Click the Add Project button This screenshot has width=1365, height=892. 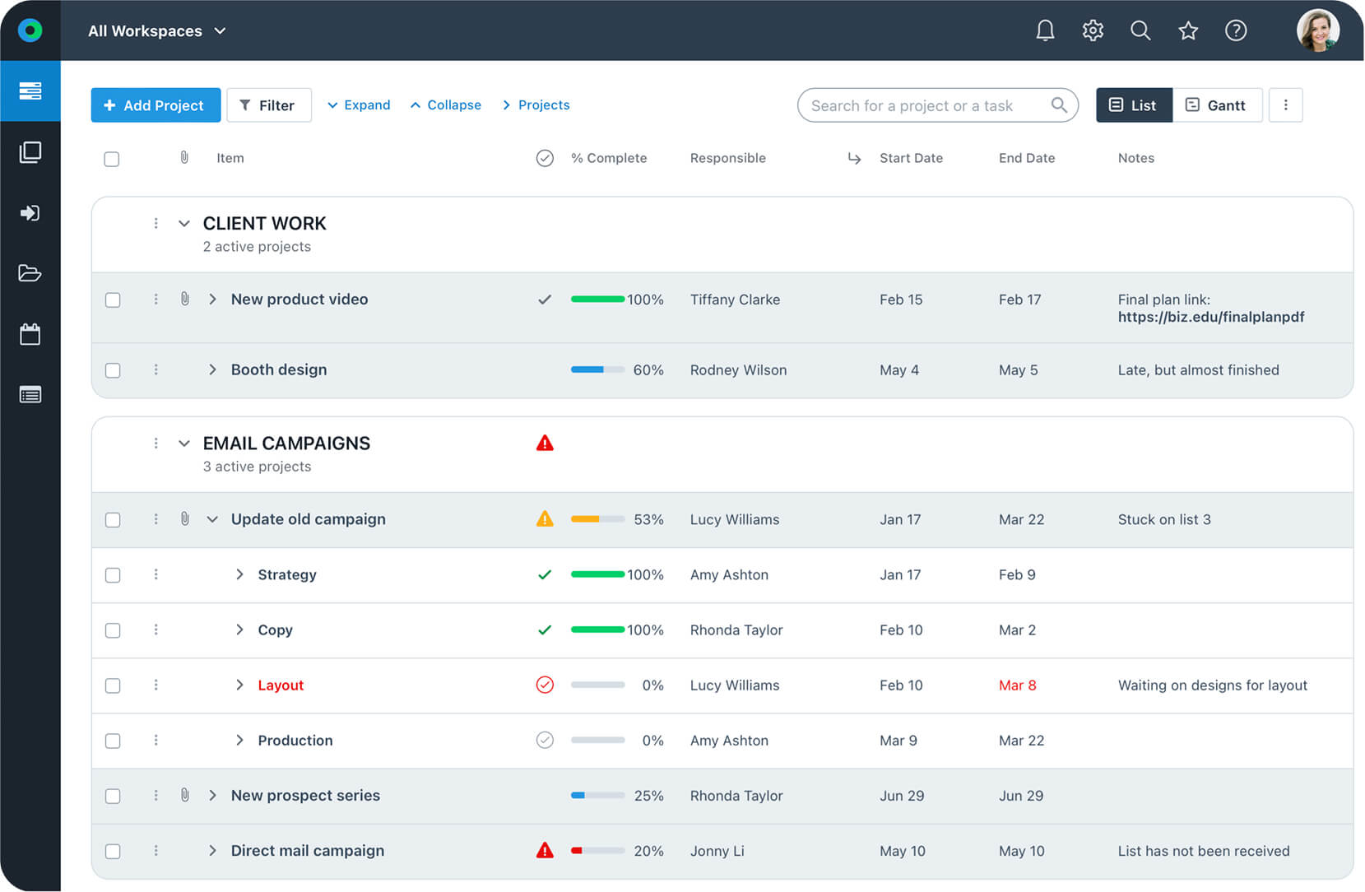(156, 105)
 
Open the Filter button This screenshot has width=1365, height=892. (268, 105)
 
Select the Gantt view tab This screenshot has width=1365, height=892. (1216, 105)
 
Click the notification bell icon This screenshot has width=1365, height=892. (1045, 31)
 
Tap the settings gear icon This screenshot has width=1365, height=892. (1093, 31)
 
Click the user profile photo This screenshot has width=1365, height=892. (1317, 31)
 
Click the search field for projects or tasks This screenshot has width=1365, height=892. (926, 105)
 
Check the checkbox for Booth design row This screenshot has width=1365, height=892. (113, 370)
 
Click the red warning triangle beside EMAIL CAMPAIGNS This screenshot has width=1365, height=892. (545, 444)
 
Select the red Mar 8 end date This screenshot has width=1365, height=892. (1017, 685)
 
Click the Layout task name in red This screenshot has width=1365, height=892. (281, 685)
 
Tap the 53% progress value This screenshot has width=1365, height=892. (648, 520)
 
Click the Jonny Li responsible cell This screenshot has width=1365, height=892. (717, 851)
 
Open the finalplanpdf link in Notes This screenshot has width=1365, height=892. (1210, 317)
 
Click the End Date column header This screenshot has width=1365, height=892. (1026, 158)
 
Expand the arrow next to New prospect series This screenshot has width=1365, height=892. (212, 796)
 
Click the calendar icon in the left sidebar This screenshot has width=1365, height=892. (30, 334)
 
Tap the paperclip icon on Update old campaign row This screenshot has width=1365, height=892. (185, 519)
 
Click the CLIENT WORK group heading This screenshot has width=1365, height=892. (264, 224)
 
